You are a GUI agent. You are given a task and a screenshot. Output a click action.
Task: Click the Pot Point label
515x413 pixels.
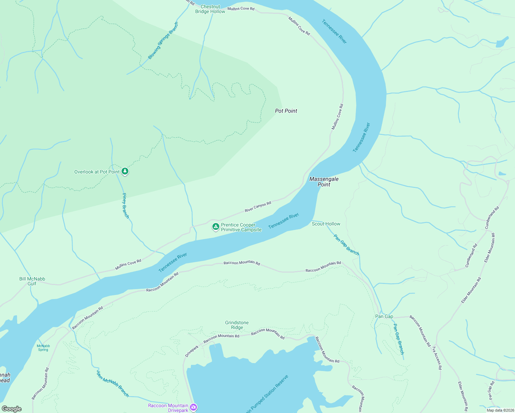tap(286, 111)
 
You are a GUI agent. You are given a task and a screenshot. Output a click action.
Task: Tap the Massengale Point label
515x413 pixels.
tap(324, 182)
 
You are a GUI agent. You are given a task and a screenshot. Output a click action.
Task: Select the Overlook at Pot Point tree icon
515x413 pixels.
tap(125, 171)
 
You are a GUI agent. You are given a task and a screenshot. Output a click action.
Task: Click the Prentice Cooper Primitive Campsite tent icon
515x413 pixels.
tap(216, 226)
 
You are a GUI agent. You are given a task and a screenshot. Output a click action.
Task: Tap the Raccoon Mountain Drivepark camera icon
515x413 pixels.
tap(193, 407)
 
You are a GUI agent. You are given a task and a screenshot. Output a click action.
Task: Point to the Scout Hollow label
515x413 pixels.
tap(326, 224)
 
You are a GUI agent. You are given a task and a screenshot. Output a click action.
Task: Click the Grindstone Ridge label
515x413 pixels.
tap(237, 325)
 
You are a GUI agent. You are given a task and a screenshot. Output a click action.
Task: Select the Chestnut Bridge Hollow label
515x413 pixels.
tap(210, 9)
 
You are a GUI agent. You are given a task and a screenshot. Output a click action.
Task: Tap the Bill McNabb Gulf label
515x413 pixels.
tap(32, 281)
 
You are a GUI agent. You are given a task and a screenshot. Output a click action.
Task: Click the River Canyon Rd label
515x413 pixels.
tap(258, 207)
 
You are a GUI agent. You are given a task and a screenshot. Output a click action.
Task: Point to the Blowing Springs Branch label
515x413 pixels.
tap(163, 41)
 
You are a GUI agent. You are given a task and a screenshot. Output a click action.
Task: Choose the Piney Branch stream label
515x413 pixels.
tap(126, 205)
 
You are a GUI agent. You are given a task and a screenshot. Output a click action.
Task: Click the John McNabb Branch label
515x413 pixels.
tap(113, 384)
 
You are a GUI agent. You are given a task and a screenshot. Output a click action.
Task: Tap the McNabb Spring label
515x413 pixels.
tap(43, 348)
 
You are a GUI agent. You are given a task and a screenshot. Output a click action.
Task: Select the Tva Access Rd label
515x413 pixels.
tap(437, 358)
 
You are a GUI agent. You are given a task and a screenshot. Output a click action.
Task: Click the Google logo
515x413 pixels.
tap(12, 409)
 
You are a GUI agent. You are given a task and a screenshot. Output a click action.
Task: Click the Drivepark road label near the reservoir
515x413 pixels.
tap(192, 351)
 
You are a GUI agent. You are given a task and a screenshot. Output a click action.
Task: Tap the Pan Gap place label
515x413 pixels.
tap(384, 316)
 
